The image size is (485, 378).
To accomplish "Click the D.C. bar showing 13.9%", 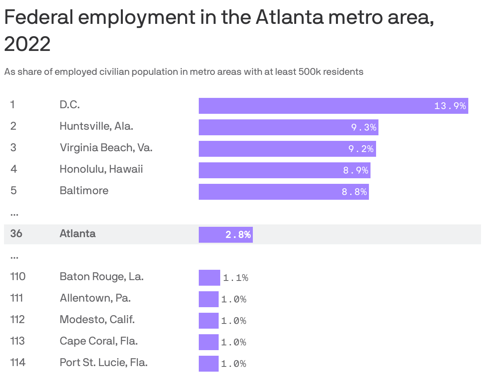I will (333, 106).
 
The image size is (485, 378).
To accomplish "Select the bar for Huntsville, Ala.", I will (288, 127).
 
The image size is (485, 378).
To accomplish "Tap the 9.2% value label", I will (361, 149).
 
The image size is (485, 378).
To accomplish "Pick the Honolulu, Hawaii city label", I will (101, 169).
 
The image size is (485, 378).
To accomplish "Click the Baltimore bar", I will (283, 192).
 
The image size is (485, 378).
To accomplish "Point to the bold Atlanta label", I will (78, 234).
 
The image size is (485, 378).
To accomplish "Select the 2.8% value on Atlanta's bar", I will (238, 235).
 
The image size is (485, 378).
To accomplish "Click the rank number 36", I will (16, 234).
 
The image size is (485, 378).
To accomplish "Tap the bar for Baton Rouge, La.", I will (209, 278).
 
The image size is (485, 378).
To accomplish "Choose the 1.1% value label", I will (235, 278).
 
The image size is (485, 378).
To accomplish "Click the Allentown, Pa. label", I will (95, 298).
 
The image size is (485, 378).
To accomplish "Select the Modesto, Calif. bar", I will (208, 321).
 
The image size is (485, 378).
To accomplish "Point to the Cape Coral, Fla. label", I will (99, 341).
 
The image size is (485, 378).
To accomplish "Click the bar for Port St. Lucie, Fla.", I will (208, 364).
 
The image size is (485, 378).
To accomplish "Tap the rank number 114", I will (17, 362).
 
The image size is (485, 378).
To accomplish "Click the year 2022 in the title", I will (27, 44).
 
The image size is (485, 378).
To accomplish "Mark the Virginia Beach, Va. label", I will (106, 148).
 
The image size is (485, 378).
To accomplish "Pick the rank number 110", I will (17, 277).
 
